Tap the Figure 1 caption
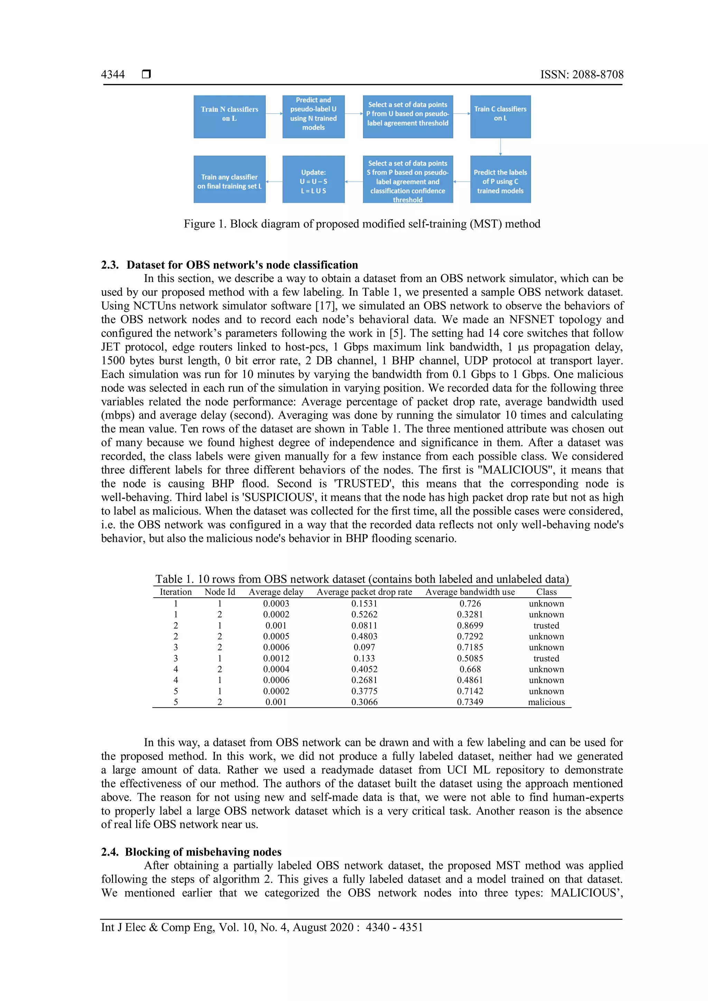click(362, 224)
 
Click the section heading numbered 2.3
click(229, 265)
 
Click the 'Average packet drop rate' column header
click(364, 592)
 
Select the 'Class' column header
click(546, 592)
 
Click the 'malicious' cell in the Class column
click(546, 702)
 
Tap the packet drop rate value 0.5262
click(364, 614)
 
